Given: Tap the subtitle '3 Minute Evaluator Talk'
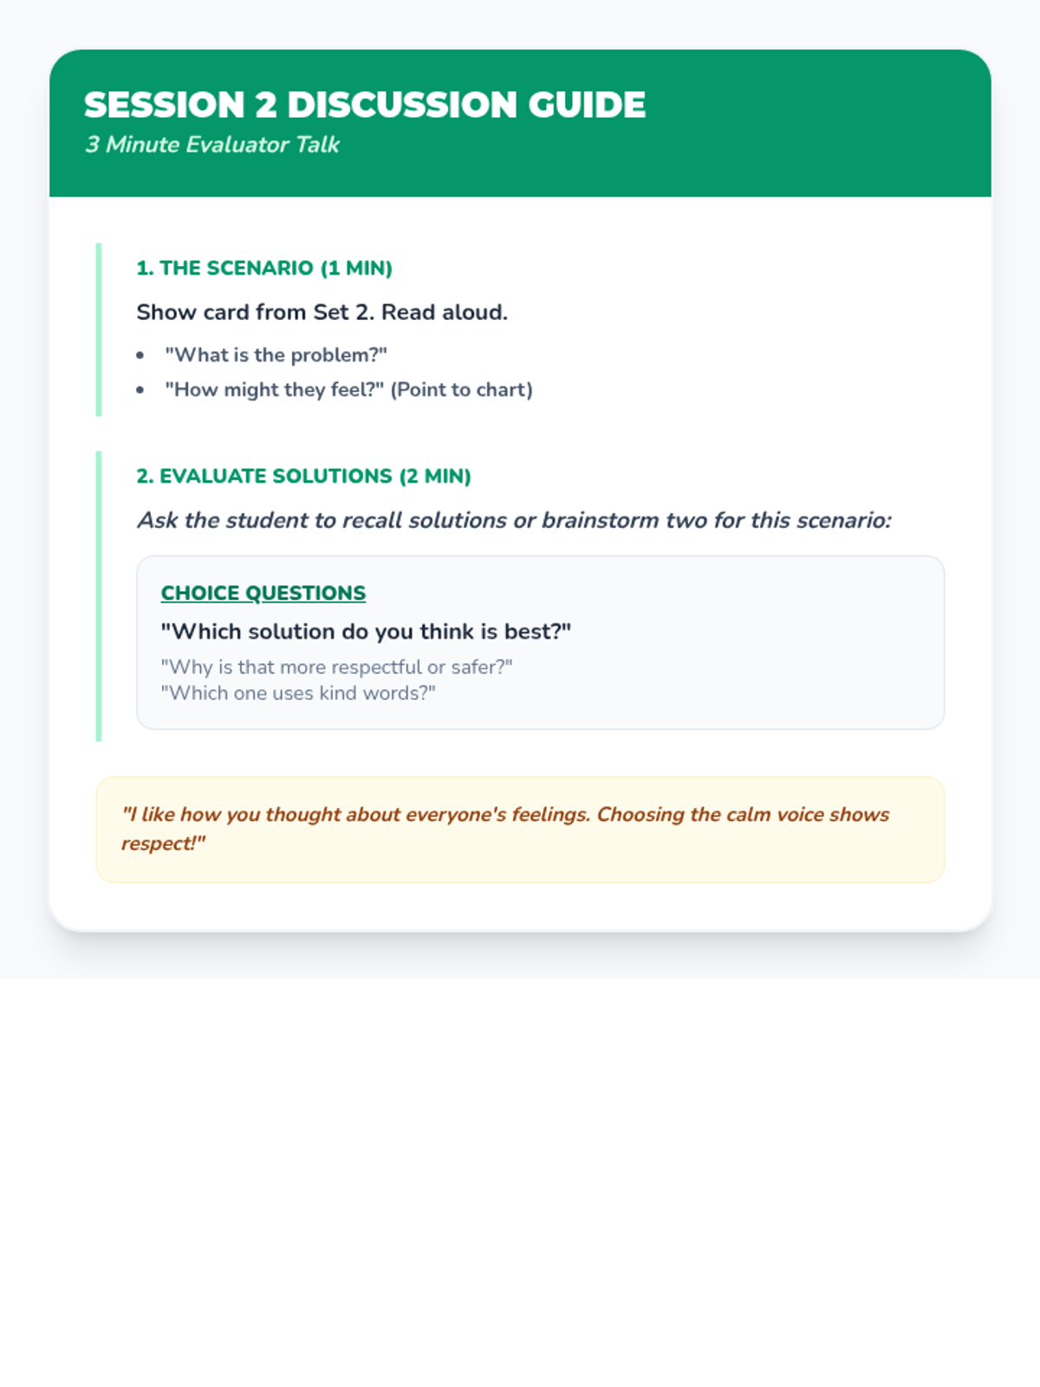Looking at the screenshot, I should point(212,145).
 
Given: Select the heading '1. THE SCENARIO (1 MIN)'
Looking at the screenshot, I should point(264,268).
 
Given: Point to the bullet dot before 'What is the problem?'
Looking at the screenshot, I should point(140,355).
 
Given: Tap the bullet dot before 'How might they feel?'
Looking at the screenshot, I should point(140,390).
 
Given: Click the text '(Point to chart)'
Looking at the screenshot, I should point(461,390).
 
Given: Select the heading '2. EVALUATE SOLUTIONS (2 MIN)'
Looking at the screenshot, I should point(303,476).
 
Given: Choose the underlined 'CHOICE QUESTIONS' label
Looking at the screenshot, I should point(263,593).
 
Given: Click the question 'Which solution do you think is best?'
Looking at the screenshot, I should point(366,631).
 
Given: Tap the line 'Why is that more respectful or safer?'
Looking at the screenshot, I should point(336,667).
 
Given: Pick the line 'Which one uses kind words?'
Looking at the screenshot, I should point(298,693).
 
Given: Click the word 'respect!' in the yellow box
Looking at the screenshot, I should point(163,843).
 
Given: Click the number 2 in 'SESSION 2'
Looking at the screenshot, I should point(266,105).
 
